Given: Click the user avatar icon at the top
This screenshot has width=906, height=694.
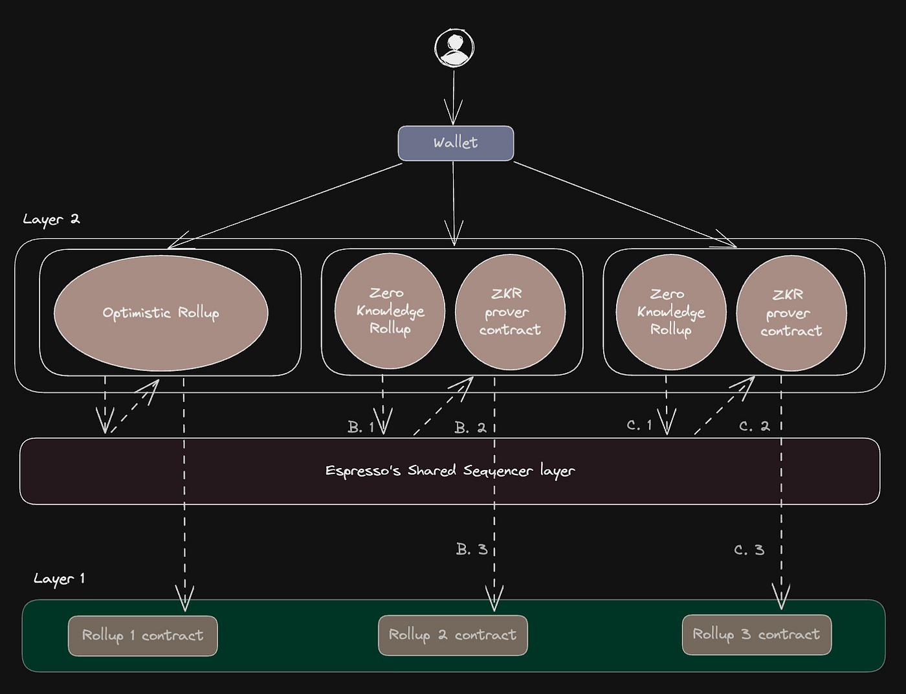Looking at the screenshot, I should tap(454, 48).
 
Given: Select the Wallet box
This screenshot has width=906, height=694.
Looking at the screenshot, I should tap(456, 143).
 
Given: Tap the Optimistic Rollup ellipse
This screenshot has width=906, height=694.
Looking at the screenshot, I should tap(160, 313).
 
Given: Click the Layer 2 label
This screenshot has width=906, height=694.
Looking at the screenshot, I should tap(51, 219).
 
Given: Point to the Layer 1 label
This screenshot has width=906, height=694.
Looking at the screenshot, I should tap(59, 578).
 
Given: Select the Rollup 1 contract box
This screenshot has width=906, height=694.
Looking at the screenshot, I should tap(142, 636).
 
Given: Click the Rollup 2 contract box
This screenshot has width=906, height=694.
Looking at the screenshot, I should tap(452, 635).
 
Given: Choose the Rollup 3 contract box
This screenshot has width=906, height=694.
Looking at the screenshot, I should tap(757, 634).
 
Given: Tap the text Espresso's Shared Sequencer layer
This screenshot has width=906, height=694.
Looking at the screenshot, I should tap(450, 471).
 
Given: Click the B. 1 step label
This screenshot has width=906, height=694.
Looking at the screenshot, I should tap(360, 427).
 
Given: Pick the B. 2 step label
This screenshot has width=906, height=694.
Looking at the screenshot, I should tap(470, 428).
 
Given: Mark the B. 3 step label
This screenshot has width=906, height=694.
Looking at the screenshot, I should tap(471, 550).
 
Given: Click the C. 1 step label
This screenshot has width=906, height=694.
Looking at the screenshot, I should tap(639, 425).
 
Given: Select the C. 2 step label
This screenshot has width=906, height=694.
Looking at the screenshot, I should tap(754, 427).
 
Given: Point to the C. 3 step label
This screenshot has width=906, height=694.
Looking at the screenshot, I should tap(749, 550).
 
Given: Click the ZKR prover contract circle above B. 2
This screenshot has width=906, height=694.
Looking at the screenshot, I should tap(510, 312).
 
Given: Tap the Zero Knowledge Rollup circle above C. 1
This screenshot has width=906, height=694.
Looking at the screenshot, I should tap(671, 312).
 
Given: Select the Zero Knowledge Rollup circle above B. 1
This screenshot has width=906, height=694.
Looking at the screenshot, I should tap(390, 311).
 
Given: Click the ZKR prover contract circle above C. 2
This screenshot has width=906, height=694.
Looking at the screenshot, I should tap(791, 313).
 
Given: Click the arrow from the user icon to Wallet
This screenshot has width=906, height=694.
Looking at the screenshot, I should tap(454, 97).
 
